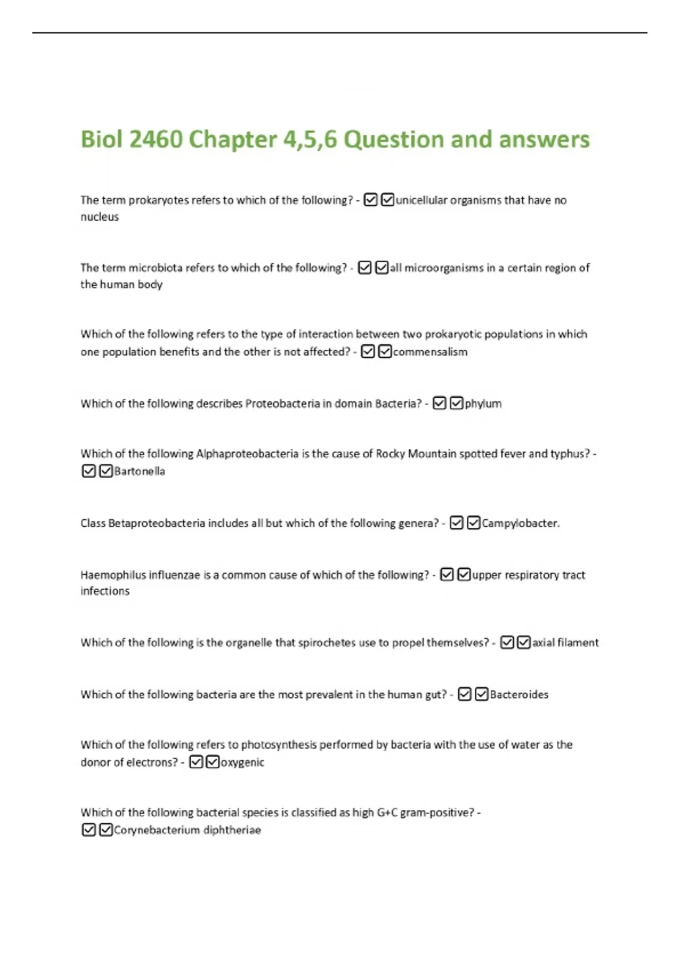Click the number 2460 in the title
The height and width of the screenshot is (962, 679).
click(155, 140)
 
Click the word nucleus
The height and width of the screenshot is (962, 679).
click(100, 217)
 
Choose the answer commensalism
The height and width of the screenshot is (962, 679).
click(430, 352)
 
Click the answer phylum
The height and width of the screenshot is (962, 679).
click(483, 403)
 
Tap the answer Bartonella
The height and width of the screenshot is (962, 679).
click(139, 471)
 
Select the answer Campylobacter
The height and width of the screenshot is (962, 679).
click(520, 523)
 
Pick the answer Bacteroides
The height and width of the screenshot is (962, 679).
click(519, 695)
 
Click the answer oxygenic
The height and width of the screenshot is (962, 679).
click(242, 763)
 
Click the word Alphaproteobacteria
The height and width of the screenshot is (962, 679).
click(247, 454)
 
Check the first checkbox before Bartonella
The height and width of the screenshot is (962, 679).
click(89, 471)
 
